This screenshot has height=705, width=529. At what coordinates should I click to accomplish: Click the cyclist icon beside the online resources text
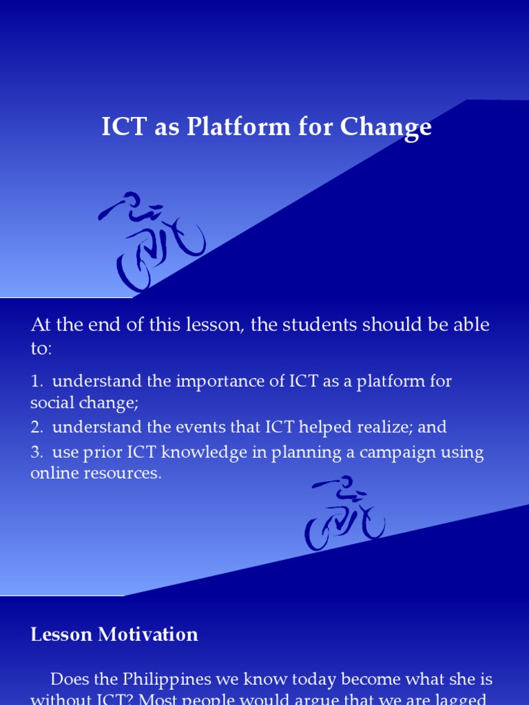click(344, 512)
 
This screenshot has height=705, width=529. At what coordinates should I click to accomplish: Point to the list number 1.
click(36, 381)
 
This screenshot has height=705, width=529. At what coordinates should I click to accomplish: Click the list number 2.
click(36, 427)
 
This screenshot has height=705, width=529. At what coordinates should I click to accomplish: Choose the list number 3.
click(36, 453)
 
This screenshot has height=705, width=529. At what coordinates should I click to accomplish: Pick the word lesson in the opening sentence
click(206, 325)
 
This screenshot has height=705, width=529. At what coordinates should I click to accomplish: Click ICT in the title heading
click(121, 127)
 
